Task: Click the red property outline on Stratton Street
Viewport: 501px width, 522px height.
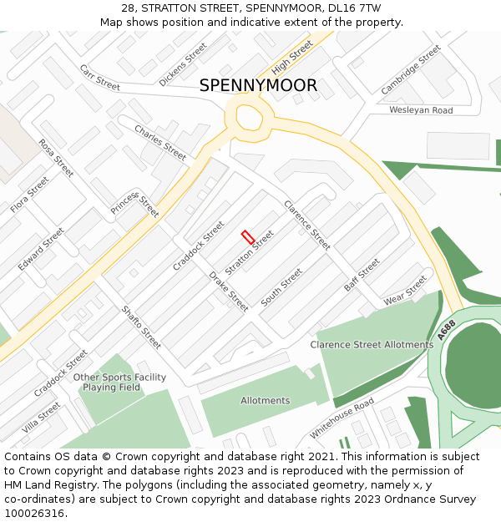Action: [248, 237]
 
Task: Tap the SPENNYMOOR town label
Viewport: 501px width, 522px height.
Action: [258, 86]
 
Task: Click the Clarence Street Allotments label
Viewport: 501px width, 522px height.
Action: [372, 345]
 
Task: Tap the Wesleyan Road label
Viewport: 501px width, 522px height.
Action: [421, 110]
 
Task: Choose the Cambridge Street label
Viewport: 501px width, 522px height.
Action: [410, 70]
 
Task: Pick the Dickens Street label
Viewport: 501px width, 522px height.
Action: [183, 64]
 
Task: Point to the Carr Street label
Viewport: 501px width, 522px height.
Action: [100, 77]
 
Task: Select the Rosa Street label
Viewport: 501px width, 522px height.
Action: [56, 158]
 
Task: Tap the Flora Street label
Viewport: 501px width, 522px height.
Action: [29, 195]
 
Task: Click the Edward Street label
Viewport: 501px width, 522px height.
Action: [41, 249]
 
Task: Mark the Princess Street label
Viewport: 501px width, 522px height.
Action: [134, 202]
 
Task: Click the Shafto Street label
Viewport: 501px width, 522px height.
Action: [141, 325]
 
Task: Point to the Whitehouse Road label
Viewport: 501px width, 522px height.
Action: [342, 418]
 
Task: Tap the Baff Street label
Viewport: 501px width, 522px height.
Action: [362, 275]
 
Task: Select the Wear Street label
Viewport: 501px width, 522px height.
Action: [405, 289]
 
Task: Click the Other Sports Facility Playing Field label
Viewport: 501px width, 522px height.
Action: [119, 383]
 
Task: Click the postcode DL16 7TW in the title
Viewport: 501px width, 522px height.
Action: [354, 8]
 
